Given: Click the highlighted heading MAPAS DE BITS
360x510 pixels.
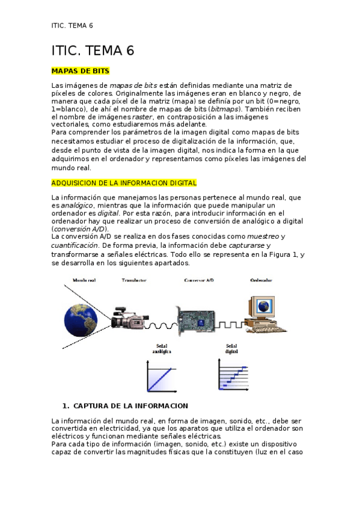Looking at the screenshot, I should [x=81, y=71].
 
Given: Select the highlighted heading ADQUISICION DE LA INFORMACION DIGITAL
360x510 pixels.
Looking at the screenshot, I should [x=124, y=183].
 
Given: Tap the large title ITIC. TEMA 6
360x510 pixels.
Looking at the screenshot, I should [x=93, y=51].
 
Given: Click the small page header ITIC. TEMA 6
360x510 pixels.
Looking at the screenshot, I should [x=72, y=26].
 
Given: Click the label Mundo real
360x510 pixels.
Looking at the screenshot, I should [x=84, y=281].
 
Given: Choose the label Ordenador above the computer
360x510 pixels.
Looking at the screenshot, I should [x=260, y=281].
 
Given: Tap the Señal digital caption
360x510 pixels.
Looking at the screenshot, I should [x=231, y=349].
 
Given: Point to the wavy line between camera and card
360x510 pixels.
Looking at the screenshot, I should [x=160, y=325].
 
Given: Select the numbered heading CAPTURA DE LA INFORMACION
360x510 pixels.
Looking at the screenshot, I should [x=130, y=406].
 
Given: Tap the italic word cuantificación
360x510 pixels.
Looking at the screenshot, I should [x=74, y=245].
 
